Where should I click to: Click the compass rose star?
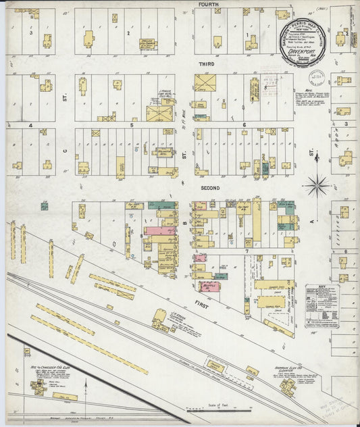click(317, 184)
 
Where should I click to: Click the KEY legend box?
click(322, 303)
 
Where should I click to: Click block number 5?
click(132, 125)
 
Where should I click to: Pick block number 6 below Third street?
click(242, 125)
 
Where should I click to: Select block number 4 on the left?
click(30, 125)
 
